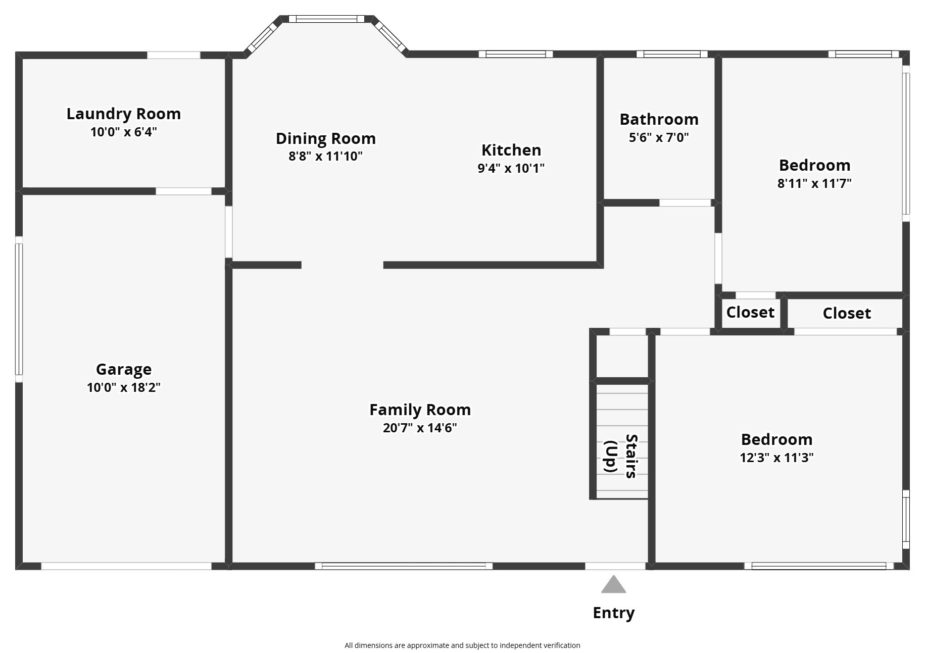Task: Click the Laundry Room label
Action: pos(124,114)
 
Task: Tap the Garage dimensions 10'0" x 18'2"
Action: pos(124,387)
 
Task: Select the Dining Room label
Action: pos(325,138)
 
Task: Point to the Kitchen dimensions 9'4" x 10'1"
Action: pos(511,168)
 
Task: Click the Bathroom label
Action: pos(659,119)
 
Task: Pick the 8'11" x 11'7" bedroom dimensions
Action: pos(814,183)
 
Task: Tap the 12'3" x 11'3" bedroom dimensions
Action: pos(776,458)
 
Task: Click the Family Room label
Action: pos(420,410)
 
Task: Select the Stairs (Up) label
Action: pos(621,456)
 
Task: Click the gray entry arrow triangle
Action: pos(613,585)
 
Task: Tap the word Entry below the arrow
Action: pos(613,613)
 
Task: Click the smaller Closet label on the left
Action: pos(750,312)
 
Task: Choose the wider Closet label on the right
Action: pos(847,313)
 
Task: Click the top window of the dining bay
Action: pos(326,19)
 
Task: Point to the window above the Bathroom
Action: pos(671,54)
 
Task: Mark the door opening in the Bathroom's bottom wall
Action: pos(685,203)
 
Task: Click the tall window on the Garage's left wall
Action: pos(19,309)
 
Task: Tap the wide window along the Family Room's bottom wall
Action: pos(404,566)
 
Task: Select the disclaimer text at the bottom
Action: pos(462,645)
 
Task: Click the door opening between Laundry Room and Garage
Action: pos(183,191)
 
